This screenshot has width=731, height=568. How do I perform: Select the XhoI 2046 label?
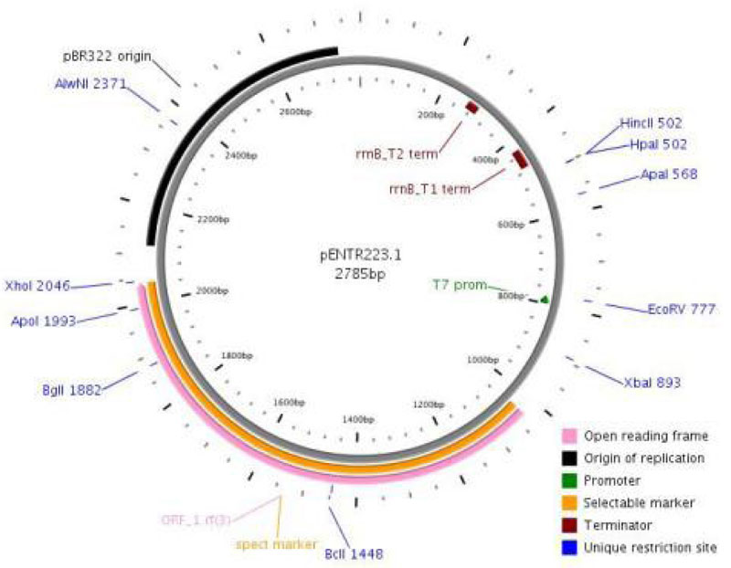tap(36, 285)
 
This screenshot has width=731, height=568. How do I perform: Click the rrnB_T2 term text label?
tap(397, 153)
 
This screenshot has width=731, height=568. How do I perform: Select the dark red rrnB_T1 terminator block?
tap(520, 159)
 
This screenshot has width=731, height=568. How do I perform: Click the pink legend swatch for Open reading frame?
tap(571, 435)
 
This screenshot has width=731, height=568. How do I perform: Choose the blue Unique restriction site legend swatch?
tap(571, 547)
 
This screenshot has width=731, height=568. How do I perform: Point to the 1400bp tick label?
tap(357, 418)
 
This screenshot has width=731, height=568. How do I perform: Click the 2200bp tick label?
tap(213, 220)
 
